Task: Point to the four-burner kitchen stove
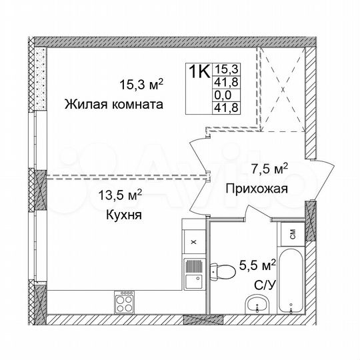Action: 125,301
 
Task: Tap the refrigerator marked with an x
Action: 193,243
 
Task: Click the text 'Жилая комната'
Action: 114,105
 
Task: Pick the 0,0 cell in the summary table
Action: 222,95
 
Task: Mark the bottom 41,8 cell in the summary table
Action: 222,107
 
